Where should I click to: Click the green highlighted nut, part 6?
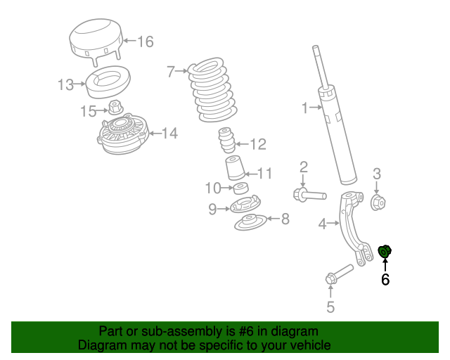[385, 250]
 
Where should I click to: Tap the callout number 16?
[145, 41]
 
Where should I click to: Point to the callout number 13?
[65, 85]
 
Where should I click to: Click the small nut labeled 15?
[116, 108]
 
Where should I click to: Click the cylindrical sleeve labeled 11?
[235, 172]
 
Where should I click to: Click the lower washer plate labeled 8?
[250, 224]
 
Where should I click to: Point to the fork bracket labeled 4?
[349, 225]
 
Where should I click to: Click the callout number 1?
[304, 108]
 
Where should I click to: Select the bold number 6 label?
[385, 280]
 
